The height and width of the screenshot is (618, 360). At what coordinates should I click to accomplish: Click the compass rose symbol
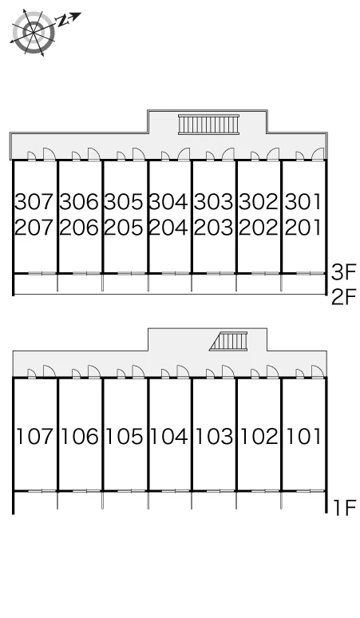(x=33, y=32)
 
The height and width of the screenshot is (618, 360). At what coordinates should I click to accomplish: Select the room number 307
(x=34, y=201)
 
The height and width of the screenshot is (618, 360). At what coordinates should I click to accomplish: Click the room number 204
(x=168, y=228)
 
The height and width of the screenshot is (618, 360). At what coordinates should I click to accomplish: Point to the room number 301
(x=303, y=201)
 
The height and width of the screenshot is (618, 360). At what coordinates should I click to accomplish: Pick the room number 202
(x=259, y=228)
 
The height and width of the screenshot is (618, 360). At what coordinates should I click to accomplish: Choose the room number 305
(x=124, y=201)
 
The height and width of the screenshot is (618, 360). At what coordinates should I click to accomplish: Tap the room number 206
(x=79, y=228)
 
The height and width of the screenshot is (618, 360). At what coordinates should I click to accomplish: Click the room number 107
(x=34, y=437)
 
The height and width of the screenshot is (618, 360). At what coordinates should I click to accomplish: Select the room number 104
(x=169, y=437)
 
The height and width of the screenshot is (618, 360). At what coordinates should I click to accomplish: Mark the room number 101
(x=303, y=437)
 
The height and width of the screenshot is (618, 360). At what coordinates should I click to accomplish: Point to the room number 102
(x=259, y=437)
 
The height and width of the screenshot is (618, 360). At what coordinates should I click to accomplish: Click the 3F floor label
(x=343, y=272)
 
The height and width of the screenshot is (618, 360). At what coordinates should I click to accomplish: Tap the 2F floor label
(x=343, y=297)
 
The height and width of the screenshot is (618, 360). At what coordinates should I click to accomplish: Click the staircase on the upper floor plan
(x=208, y=125)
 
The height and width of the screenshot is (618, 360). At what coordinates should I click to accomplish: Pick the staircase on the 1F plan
(x=229, y=341)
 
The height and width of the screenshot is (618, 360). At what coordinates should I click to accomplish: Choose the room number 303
(x=213, y=201)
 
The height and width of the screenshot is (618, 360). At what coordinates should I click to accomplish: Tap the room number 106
(x=80, y=437)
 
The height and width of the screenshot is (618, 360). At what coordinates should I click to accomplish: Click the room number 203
(x=213, y=228)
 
